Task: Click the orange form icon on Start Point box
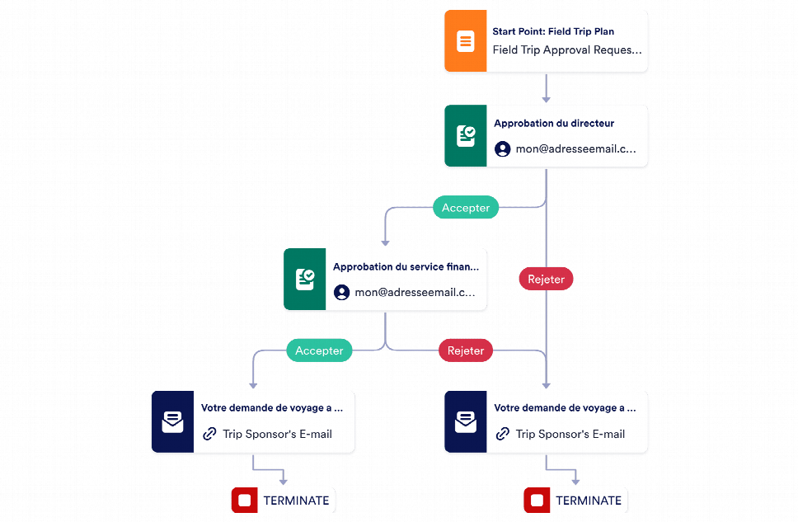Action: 465,40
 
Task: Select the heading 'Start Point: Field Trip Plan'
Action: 553,31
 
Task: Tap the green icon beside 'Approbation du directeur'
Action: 465,136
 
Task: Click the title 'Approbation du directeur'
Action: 554,123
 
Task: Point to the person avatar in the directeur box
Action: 502,149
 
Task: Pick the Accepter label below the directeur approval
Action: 466,207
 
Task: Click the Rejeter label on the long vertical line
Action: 546,279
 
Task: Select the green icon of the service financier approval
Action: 304,279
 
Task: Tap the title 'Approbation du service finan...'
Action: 406,267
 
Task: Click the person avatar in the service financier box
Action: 341,292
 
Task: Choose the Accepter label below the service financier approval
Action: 319,350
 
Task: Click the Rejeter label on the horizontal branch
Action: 466,350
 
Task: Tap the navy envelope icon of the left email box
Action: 172,421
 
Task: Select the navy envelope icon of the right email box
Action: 465,421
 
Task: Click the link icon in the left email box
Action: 209,434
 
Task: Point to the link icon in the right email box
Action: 502,434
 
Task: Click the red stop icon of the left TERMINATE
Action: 244,500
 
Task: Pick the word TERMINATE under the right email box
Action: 589,501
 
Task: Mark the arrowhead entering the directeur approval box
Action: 546,99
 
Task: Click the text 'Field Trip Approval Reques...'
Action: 567,50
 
